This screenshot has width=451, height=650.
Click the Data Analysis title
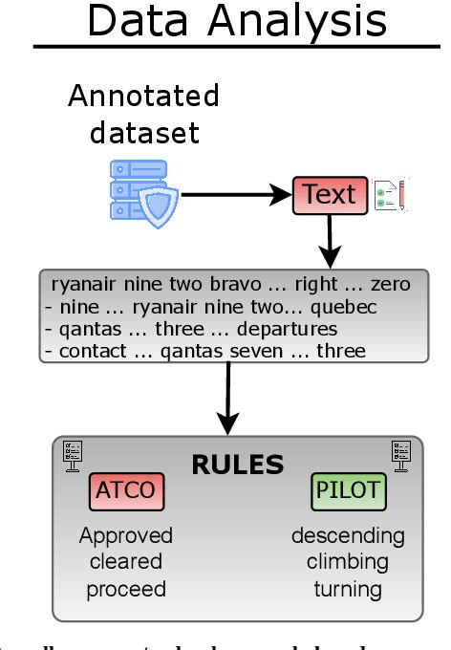[x=237, y=21]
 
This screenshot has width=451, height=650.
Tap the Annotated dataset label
[x=143, y=114]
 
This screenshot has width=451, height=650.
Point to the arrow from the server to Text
[x=234, y=195]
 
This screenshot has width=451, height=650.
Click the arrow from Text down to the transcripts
[x=330, y=240]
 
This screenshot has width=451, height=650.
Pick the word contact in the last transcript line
[x=91, y=351]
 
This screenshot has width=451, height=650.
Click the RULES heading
[x=238, y=465]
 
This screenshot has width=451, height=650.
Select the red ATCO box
[x=126, y=492]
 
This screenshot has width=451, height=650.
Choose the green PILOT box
[x=347, y=492]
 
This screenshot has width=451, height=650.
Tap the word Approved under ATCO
[x=126, y=535]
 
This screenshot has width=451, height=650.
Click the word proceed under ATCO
[x=126, y=589]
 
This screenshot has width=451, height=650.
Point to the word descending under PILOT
[x=348, y=535]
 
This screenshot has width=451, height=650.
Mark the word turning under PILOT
[x=348, y=589]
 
